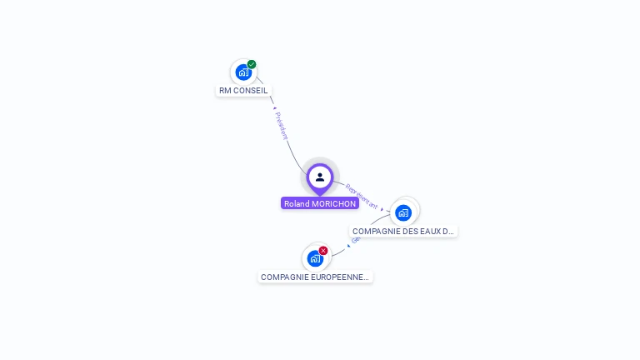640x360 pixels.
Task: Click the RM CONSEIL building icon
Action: tap(242, 72)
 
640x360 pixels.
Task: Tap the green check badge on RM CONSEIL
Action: tap(252, 64)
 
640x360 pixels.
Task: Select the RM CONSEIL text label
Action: tap(243, 91)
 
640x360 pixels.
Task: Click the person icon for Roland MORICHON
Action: tap(320, 177)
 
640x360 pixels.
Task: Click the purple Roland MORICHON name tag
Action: tap(320, 203)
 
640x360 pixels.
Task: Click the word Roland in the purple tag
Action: tap(297, 203)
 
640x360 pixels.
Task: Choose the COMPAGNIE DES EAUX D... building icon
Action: tap(403, 212)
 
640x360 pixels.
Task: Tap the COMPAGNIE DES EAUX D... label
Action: tap(403, 231)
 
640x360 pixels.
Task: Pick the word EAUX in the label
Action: tap(424, 231)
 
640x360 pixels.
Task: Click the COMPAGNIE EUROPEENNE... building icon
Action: tap(314, 258)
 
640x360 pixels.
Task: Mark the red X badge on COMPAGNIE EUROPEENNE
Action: tap(323, 250)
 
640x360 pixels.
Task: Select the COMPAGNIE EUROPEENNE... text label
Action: tap(315, 277)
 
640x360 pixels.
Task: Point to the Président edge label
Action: tap(282, 126)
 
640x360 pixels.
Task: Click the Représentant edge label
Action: tap(362, 196)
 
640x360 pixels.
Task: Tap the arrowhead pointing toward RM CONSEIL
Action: tap(273, 107)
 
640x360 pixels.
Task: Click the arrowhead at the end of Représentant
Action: tap(382, 209)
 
